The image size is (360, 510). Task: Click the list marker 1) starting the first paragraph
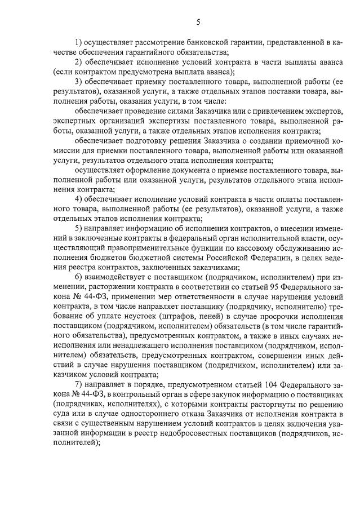78,42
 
